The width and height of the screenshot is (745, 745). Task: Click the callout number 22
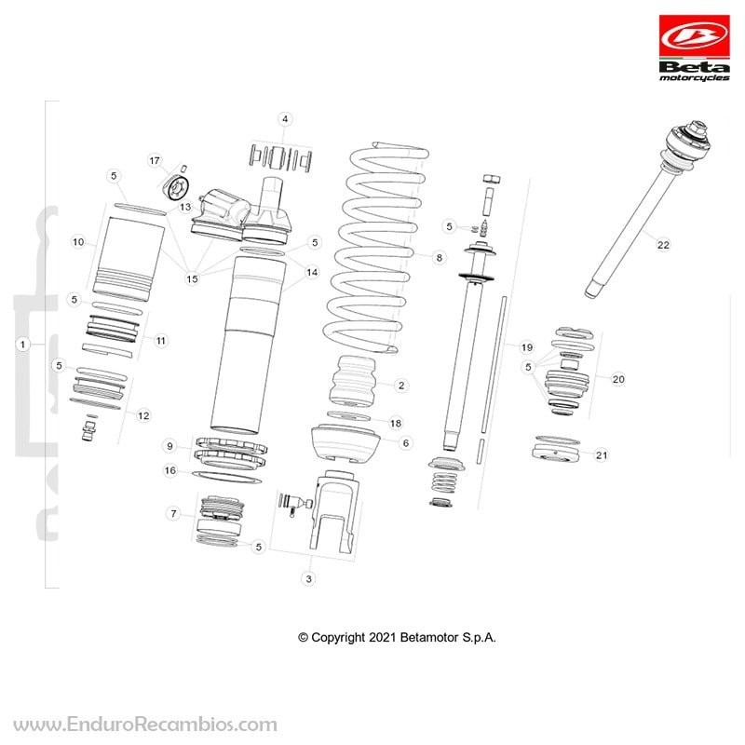pos(663,245)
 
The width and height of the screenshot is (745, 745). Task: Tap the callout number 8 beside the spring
pos(439,258)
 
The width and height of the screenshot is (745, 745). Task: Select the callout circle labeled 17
pos(155,160)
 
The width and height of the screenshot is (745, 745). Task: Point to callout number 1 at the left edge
pos(22,344)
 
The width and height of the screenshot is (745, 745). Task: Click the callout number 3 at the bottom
pos(309,578)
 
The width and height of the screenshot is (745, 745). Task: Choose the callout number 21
pos(602,455)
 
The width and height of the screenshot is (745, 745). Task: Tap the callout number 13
pos(185,207)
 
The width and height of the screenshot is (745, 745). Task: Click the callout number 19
pos(526,347)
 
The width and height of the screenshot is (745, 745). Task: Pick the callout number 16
pos(170,470)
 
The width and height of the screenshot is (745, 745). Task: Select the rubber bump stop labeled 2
pos(354,383)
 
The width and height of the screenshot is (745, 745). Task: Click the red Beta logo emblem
pos(694,35)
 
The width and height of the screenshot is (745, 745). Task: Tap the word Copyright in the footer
pos(338,638)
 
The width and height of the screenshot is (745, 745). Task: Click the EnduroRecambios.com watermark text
pos(145,725)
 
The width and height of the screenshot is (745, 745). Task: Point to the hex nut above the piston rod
pos(492,179)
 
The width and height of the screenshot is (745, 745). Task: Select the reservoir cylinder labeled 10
pos(129,259)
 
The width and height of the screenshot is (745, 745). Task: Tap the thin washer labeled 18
pos(348,416)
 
